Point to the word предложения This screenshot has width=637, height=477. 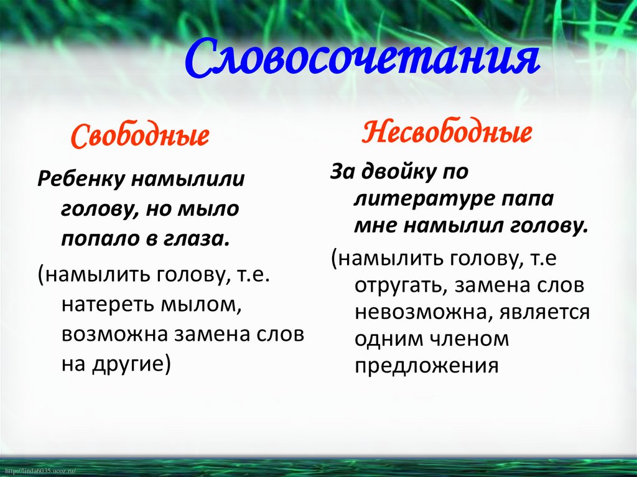(x=427, y=367)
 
